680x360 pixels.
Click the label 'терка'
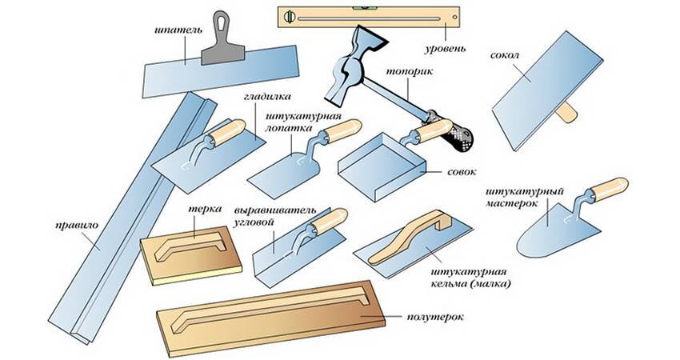(199, 207)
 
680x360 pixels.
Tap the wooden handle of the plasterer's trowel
(605, 188)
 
